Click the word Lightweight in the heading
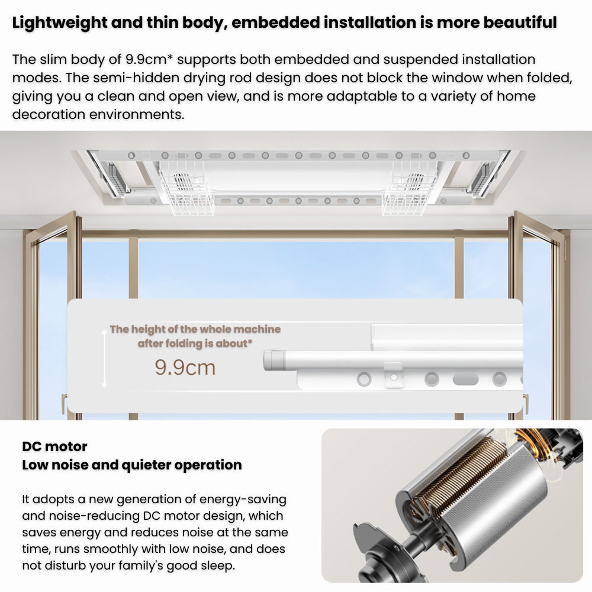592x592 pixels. tap(60, 22)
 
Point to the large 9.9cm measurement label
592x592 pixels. tap(185, 368)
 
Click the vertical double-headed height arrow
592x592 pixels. tap(105, 359)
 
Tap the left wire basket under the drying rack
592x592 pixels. tap(186, 192)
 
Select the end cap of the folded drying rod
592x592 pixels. tap(274, 360)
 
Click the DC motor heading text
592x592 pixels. tap(54, 446)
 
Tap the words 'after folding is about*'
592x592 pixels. tap(195, 343)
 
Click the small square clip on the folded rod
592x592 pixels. tap(393, 375)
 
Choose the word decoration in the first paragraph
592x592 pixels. tap(49, 114)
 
